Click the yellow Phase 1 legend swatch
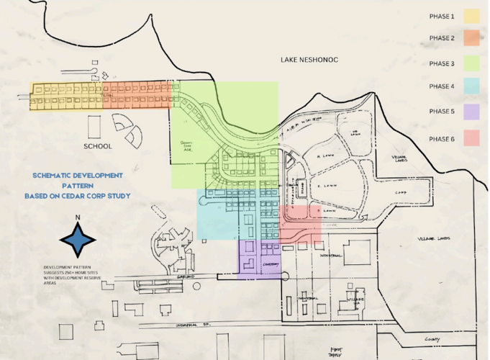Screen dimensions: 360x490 click(x=471, y=16)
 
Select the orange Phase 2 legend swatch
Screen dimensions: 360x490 click(x=471, y=38)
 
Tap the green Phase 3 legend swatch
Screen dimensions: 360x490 click(x=471, y=63)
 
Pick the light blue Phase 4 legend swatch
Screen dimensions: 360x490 click(x=471, y=87)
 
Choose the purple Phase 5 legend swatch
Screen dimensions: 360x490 click(x=471, y=112)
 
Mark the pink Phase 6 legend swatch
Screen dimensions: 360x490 click(x=471, y=138)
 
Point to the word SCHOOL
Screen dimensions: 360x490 click(x=98, y=146)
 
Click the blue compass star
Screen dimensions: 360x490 click(x=77, y=238)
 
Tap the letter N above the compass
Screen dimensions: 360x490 click(x=77, y=217)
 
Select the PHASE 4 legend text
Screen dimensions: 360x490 click(x=442, y=87)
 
